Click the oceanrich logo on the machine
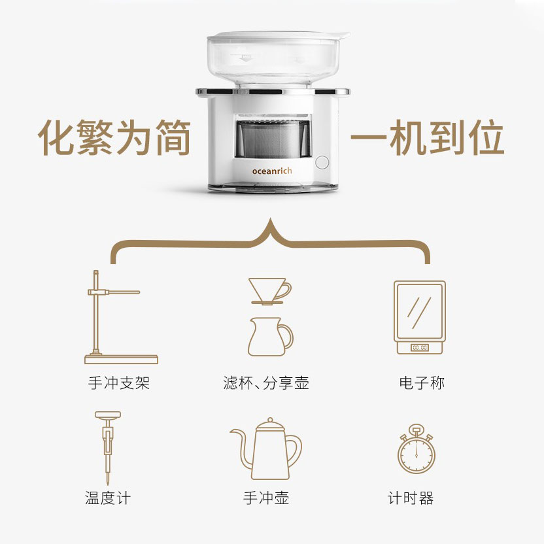(272, 171)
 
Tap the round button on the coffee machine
(322, 162)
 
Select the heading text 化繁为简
(114, 137)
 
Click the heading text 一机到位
(427, 137)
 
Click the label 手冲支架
(118, 383)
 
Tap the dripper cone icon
(270, 292)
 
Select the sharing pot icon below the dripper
(271, 337)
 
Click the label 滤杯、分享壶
(266, 383)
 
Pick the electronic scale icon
(420, 317)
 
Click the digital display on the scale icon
(420, 347)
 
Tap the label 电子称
(422, 383)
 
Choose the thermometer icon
(108, 447)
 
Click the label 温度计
(108, 498)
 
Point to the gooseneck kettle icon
(266, 449)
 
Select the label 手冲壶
(266, 498)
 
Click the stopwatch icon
(416, 449)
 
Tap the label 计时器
(411, 498)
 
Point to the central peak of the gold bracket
(271, 218)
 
